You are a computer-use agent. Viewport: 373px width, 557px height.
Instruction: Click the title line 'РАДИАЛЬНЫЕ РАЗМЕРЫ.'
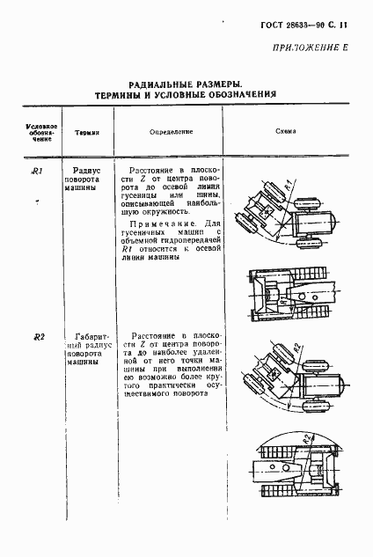point(186,82)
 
